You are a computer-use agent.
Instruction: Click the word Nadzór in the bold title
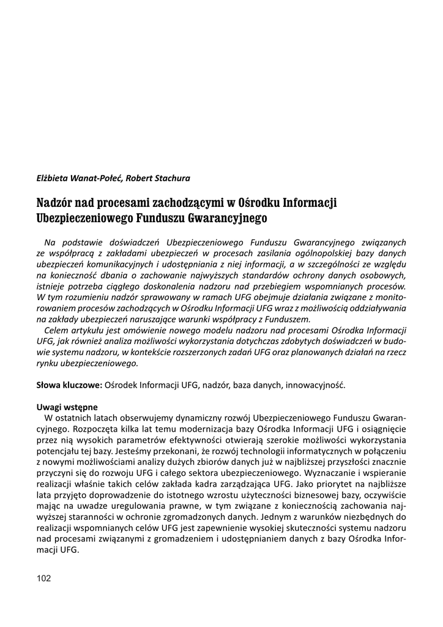(x=56, y=202)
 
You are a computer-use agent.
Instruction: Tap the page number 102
(x=45, y=578)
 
